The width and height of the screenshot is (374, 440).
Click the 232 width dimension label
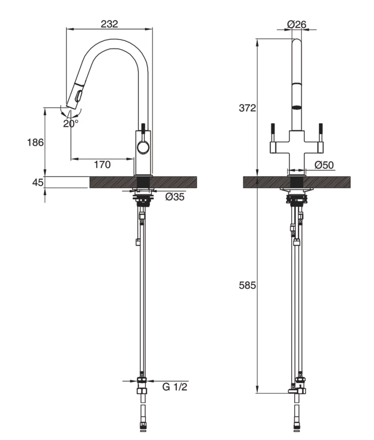(x=109, y=24)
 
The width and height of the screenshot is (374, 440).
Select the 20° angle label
(x=70, y=123)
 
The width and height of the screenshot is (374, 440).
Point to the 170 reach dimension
(x=102, y=165)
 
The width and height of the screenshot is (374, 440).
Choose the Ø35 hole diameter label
(x=174, y=197)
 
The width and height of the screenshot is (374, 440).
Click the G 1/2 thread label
(x=175, y=387)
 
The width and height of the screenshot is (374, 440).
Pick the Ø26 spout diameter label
(x=296, y=25)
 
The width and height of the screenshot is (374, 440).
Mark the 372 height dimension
(x=247, y=108)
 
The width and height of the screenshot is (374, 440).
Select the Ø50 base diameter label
(x=325, y=165)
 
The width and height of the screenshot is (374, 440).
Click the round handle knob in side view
(x=143, y=147)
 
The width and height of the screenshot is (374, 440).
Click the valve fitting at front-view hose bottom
(x=297, y=388)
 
